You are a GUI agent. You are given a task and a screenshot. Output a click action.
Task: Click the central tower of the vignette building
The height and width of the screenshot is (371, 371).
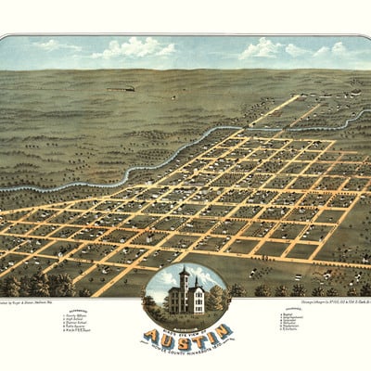[185, 279]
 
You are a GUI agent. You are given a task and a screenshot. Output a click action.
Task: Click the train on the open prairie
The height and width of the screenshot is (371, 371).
[123, 89]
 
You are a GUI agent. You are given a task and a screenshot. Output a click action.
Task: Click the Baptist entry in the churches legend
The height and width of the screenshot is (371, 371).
[269, 316]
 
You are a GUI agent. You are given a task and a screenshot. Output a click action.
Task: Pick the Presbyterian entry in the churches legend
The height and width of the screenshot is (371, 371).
[273, 327]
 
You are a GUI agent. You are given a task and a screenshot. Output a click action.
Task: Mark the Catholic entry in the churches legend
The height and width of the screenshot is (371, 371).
[270, 331]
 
